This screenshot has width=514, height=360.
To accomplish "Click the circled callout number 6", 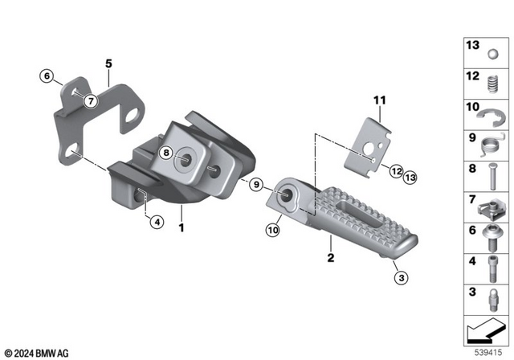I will pyautogui.click(x=47, y=76).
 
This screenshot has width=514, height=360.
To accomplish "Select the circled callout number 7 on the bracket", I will pyautogui.click(x=91, y=100).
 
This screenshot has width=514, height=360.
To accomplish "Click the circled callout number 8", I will pyautogui.click(x=166, y=153).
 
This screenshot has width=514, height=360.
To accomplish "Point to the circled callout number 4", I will pyautogui.click(x=157, y=223).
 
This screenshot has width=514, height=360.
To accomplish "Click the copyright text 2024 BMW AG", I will pyautogui.click(x=35, y=352).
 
